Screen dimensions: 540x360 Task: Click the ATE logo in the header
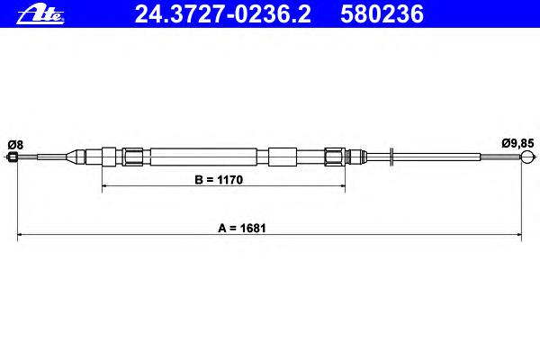(40, 15)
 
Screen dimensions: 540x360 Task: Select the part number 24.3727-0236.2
(223, 14)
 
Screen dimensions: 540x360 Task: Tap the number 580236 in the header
(382, 14)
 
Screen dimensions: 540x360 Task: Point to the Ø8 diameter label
(15, 145)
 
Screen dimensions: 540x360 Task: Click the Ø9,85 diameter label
(517, 143)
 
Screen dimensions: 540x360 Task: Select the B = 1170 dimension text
(219, 180)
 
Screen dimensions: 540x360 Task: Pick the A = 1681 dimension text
(242, 228)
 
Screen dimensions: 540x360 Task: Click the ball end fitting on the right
(526, 157)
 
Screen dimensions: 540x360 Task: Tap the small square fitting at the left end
(13, 157)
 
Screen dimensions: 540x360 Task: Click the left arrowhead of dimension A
(20, 235)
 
